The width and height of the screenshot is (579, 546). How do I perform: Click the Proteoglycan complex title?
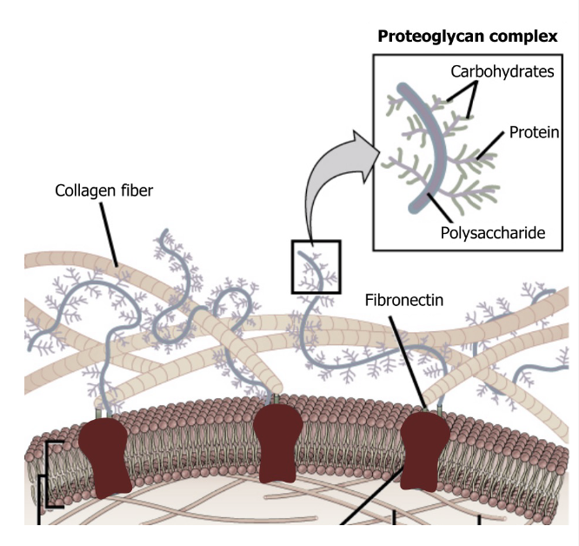click(x=467, y=37)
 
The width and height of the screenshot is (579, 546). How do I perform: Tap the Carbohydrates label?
click(x=502, y=71)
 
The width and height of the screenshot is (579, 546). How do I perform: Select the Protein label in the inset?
click(x=533, y=132)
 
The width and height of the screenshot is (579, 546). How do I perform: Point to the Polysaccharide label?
click(x=492, y=233)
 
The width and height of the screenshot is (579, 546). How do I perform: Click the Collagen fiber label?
click(x=103, y=190)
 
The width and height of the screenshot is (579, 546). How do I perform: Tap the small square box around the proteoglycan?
click(x=316, y=267)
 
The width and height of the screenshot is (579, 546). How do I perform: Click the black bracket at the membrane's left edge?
click(x=41, y=474)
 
